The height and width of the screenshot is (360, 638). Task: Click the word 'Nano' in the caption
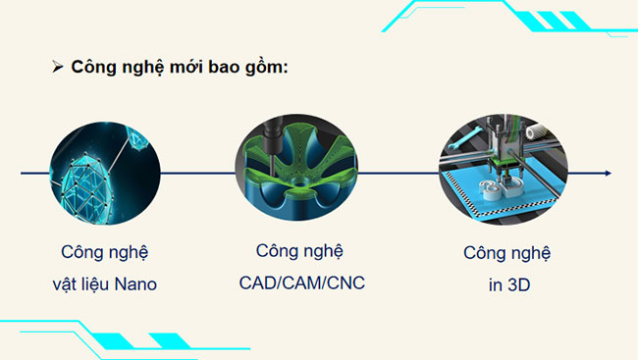pyautogui.click(x=133, y=284)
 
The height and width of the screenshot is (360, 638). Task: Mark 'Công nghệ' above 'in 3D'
pyautogui.click(x=506, y=253)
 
